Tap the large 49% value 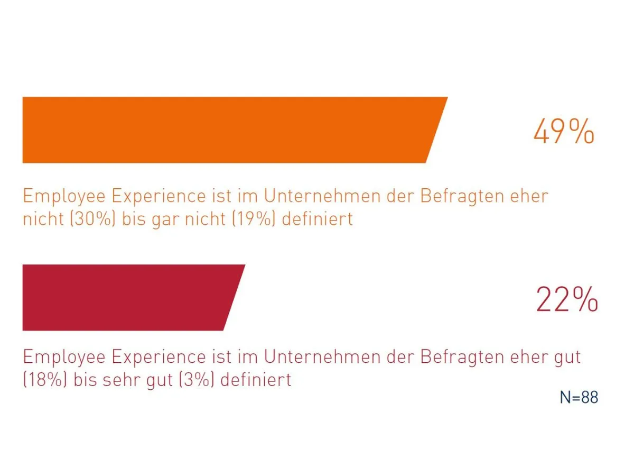pyautogui.click(x=563, y=132)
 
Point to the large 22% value pyautogui.click(x=566, y=299)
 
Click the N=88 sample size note pyautogui.click(x=579, y=398)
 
